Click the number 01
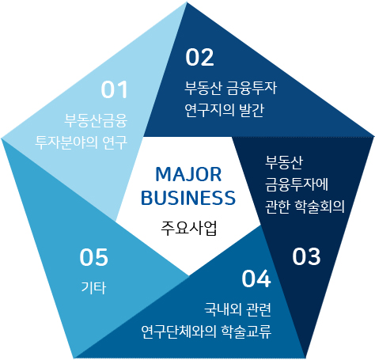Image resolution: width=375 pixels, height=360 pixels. [114, 90]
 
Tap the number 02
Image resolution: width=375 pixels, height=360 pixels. [199, 57]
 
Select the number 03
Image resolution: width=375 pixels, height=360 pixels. [306, 256]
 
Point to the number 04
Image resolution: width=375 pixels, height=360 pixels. [256, 279]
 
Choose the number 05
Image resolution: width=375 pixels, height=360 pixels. [94, 257]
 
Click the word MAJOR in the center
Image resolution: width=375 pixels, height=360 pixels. [188, 175]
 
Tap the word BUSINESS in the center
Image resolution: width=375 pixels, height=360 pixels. [188, 198]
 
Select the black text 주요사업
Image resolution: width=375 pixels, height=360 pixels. [189, 228]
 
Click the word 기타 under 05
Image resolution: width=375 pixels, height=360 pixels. [93, 287]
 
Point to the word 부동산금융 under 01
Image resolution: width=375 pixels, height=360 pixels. [96, 121]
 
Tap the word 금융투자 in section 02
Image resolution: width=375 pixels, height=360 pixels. [252, 88]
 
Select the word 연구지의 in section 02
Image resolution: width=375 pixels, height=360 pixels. [210, 110]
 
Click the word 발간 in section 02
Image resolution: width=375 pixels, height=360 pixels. [252, 110]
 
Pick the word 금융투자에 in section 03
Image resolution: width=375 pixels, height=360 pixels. [297, 184]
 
